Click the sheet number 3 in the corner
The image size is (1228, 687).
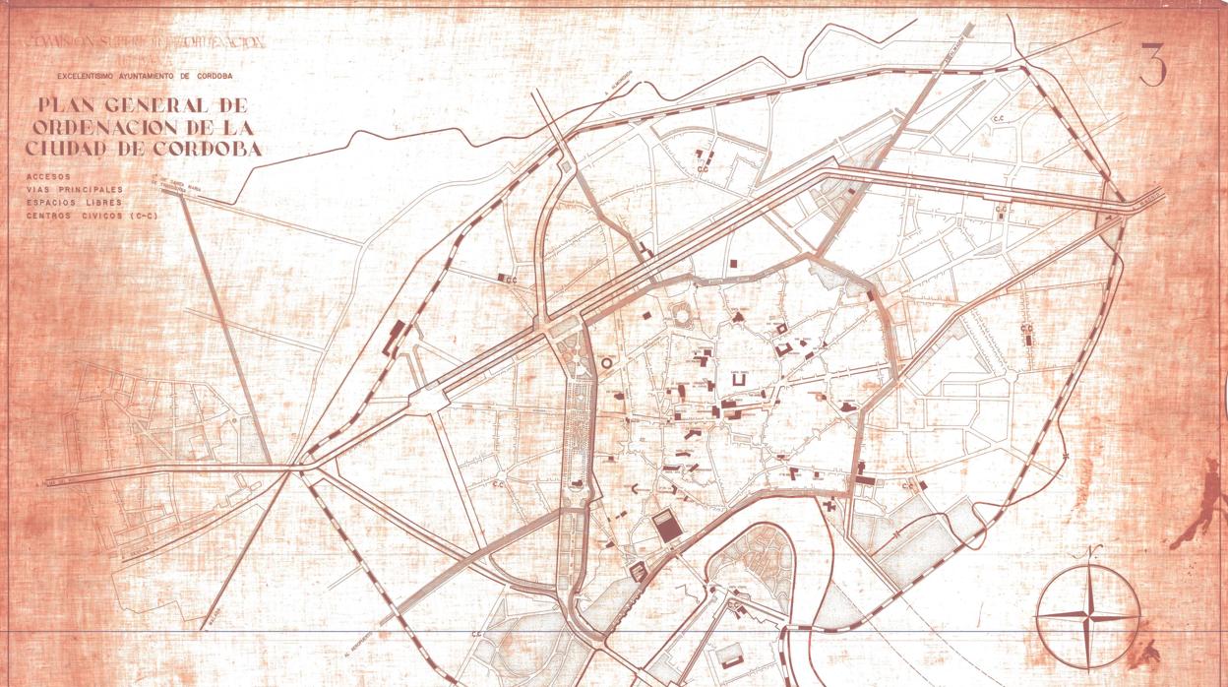tap(1152, 65)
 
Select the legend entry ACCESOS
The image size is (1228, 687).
tap(50, 176)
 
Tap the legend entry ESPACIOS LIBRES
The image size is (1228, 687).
tap(75, 202)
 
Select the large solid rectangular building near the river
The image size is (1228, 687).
tap(669, 527)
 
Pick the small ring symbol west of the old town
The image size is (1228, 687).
tap(606, 363)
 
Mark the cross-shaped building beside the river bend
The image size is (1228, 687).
tap(829, 507)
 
